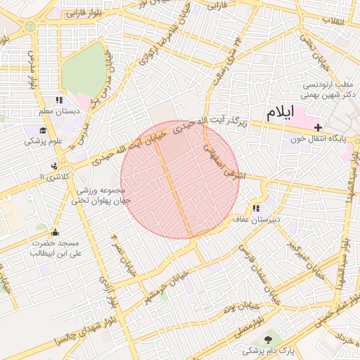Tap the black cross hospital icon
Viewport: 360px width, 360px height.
319,127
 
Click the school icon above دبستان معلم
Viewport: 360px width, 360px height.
59,100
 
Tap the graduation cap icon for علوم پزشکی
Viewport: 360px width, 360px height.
43,131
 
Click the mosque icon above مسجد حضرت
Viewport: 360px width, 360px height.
55,233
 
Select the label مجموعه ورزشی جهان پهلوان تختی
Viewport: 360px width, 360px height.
98,195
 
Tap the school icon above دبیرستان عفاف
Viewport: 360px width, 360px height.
256,208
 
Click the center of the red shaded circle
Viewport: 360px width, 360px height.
179,180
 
